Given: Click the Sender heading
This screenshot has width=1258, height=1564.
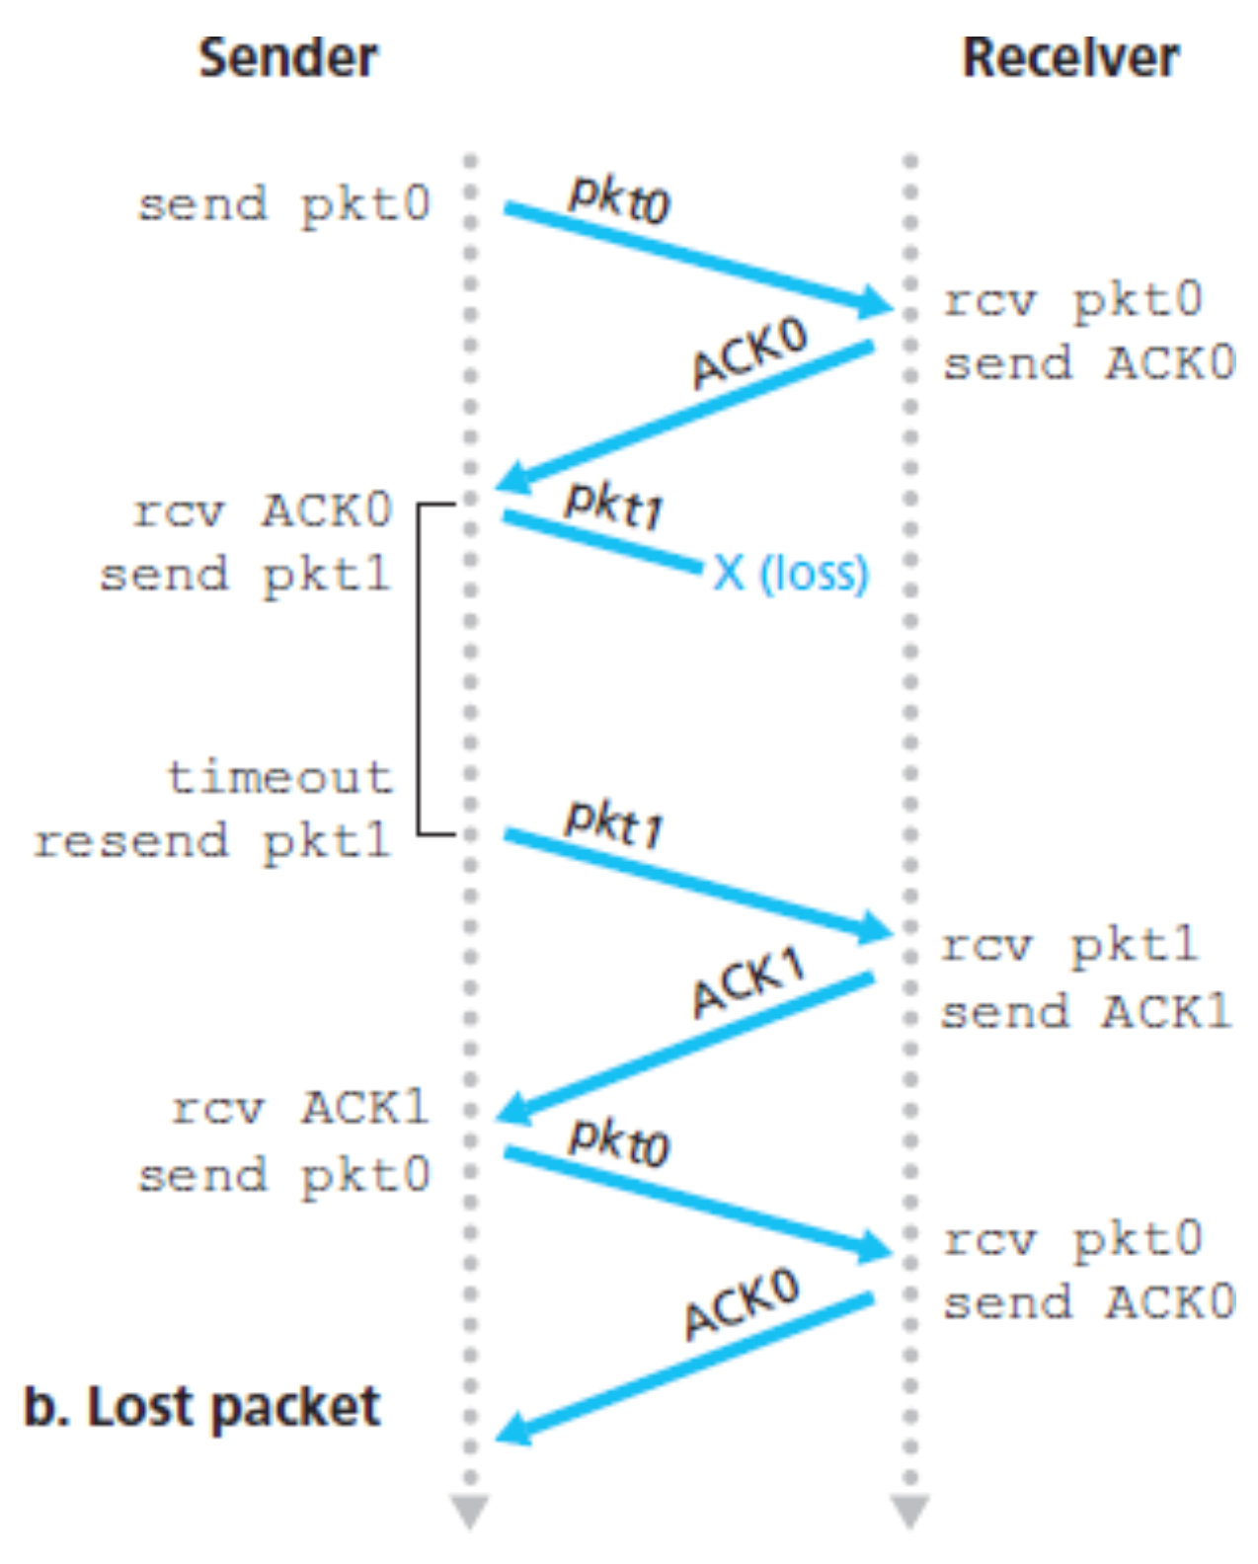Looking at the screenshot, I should [x=287, y=57].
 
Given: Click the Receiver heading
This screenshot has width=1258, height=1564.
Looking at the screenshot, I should [x=1069, y=57].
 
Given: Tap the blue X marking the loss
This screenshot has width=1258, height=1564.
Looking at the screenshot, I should [x=729, y=572].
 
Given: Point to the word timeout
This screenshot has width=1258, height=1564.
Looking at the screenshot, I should [x=280, y=778].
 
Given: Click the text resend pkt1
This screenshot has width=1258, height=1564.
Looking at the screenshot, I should [x=213, y=842].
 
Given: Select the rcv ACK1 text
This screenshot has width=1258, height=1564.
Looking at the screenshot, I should [x=299, y=1108].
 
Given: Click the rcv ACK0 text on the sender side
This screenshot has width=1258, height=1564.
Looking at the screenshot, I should [x=263, y=511].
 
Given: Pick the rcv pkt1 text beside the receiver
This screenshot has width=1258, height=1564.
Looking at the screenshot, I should [x=1069, y=946].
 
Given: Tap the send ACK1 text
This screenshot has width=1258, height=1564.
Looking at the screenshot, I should [x=1085, y=1011].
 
